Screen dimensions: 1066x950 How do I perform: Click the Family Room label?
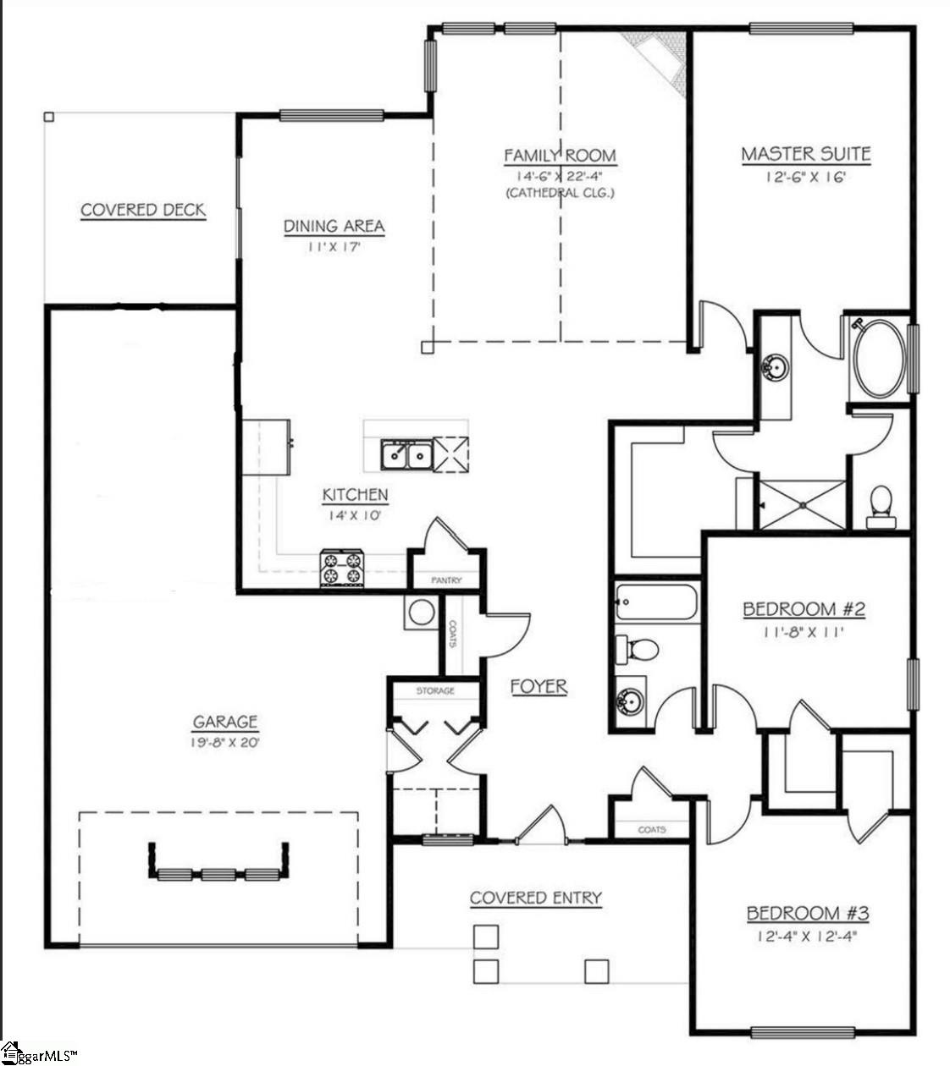click(560, 156)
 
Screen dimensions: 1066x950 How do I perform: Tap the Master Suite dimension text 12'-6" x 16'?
click(805, 177)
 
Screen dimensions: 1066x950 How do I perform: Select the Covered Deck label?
click(143, 210)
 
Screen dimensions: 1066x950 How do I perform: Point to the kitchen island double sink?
click(406, 455)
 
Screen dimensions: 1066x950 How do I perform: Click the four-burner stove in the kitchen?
click(342, 568)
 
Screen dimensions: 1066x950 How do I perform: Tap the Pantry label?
click(446, 580)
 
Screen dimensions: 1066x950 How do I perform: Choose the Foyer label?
click(539, 686)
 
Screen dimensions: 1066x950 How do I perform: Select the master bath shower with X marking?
click(801, 505)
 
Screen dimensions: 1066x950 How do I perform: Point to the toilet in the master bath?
click(881, 506)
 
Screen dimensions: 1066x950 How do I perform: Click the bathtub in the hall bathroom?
click(656, 602)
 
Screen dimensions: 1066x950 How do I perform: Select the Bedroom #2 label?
click(804, 609)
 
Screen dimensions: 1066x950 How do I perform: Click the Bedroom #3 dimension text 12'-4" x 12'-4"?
click(808, 937)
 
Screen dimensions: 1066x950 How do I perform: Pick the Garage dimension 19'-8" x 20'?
click(224, 743)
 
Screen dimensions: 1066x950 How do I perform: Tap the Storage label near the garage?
click(435, 690)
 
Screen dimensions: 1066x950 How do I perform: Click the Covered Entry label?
click(535, 898)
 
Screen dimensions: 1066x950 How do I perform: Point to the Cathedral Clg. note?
click(560, 193)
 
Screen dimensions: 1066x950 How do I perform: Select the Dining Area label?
click(334, 226)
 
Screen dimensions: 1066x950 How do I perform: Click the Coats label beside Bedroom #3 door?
click(651, 830)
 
